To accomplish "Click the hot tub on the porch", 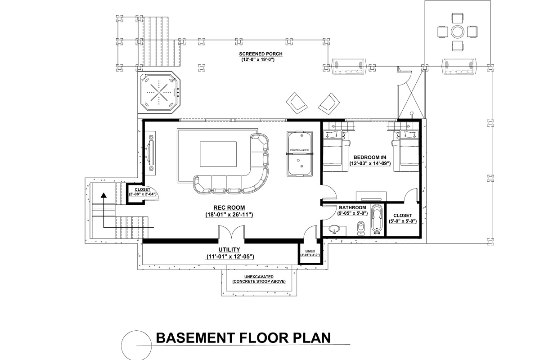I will (x=160, y=93).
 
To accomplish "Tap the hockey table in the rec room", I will (x=300, y=154).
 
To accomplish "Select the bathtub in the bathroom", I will (x=377, y=220).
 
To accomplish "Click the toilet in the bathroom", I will (x=361, y=228).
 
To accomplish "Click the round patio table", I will (x=458, y=32).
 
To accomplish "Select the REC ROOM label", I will (x=226, y=207).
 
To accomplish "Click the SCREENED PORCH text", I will (x=257, y=54).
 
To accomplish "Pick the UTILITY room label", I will (x=229, y=249).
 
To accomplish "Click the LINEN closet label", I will (x=310, y=251).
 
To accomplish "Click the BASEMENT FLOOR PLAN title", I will (x=243, y=337).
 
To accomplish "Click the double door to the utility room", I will (x=232, y=232).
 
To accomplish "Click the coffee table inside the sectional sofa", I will (x=218, y=154).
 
